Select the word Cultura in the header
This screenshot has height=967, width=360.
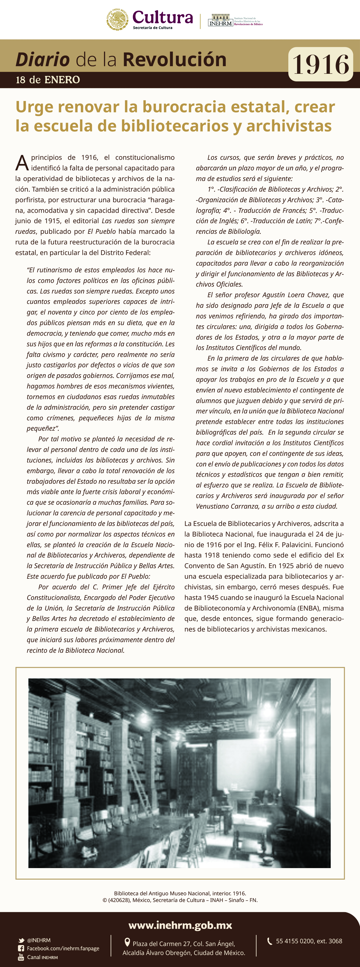pos(162,17)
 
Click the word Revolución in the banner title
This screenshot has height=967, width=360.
pos(174,59)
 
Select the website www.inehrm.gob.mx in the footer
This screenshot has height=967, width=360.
pos(180,925)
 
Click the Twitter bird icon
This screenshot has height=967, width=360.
pos(21,940)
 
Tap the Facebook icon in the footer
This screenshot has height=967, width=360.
pos(21,949)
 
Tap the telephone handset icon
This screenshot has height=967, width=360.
pos(269,941)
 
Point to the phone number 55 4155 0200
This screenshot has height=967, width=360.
pos(295,941)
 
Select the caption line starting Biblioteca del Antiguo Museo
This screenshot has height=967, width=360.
pos(180,893)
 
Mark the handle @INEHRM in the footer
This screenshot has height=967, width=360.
pos(39,940)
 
